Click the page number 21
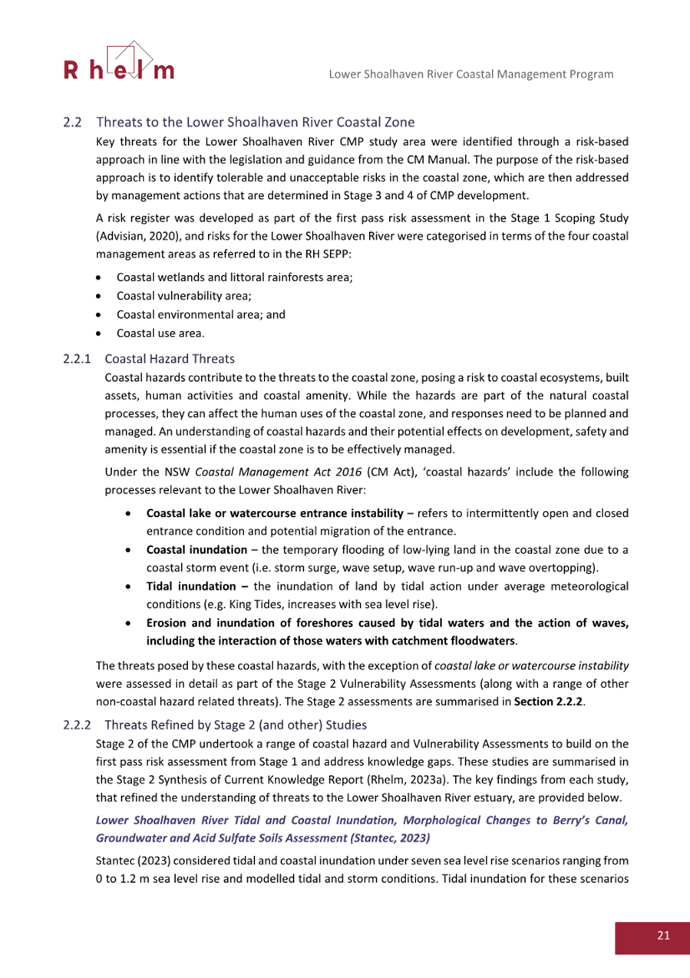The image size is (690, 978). tap(663, 935)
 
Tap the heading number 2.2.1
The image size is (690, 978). tap(77, 358)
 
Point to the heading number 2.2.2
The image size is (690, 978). tap(77, 724)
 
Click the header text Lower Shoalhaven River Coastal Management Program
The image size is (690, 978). tap(470, 75)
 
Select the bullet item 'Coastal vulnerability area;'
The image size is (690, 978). tap(184, 294)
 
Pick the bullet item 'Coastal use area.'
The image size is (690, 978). tap(160, 333)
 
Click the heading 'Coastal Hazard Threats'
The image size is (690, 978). tap(169, 358)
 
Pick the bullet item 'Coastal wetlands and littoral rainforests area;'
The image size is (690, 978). tap(234, 275)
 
